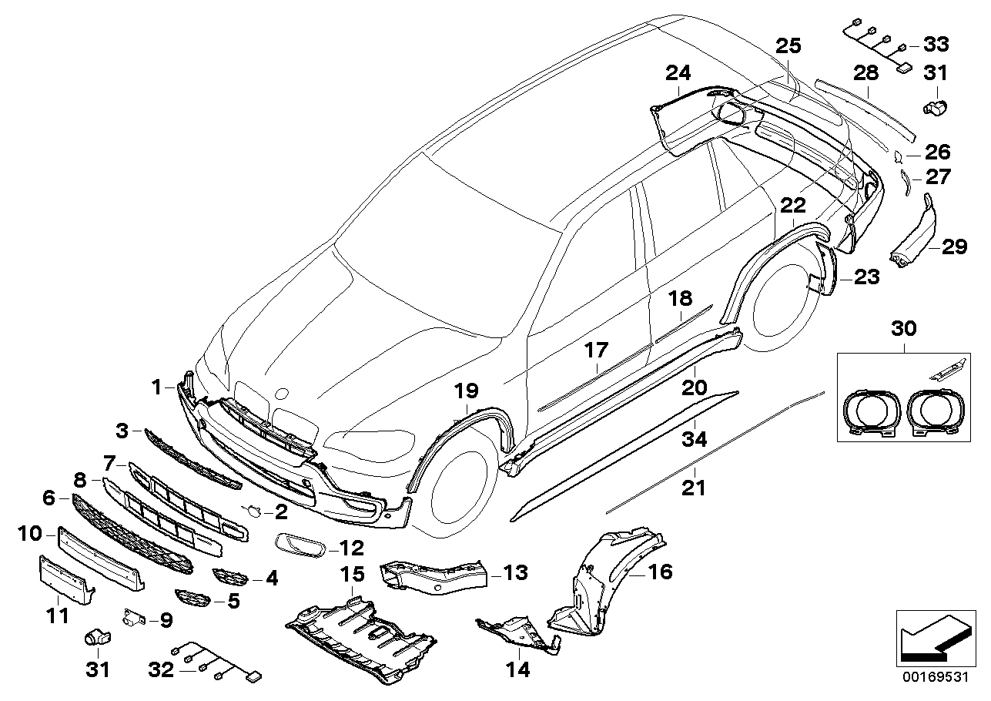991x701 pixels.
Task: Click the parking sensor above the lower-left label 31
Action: pyautogui.click(x=95, y=637)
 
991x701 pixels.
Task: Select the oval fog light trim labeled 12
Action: pyautogui.click(x=300, y=545)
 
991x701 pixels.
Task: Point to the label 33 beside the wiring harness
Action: pyautogui.click(x=936, y=44)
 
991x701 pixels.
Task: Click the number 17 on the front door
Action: pyautogui.click(x=595, y=351)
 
